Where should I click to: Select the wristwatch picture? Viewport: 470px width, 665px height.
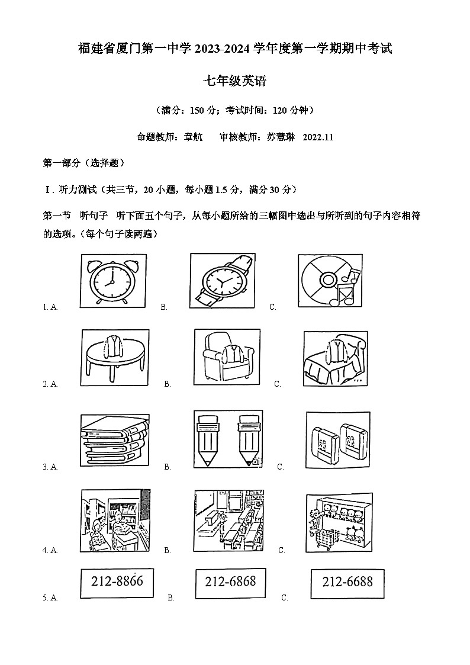pos(223,280)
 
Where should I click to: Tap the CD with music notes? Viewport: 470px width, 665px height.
pos(330,280)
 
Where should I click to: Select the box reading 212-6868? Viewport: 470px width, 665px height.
pos(230,582)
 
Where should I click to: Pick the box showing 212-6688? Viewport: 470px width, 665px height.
pos(347,582)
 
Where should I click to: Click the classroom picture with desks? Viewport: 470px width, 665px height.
pos(228,521)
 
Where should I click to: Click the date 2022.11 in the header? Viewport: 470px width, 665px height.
pos(318,137)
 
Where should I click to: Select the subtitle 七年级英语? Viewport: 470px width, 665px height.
pos(235,81)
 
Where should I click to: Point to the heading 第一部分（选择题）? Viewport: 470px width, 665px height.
pos(83,163)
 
